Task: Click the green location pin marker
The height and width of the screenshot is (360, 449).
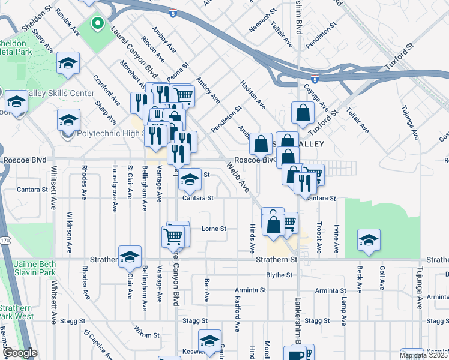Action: [97, 25]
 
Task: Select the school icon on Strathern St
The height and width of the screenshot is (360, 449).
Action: [130, 257]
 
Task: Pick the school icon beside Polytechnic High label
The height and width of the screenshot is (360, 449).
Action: [68, 121]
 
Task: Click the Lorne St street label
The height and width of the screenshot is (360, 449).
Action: [214, 229]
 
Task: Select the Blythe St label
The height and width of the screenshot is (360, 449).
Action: [279, 275]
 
